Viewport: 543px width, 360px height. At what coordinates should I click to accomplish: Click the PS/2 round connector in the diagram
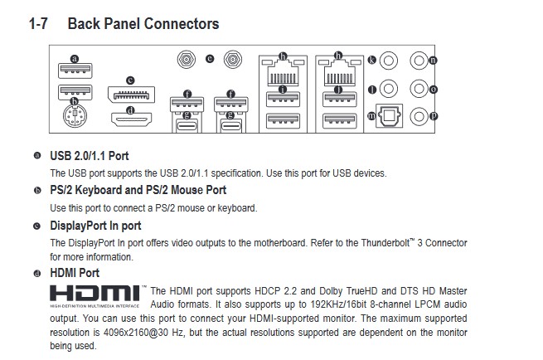[75, 116]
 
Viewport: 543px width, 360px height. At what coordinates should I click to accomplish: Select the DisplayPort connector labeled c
[131, 95]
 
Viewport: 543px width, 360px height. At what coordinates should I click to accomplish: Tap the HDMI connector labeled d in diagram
[131, 120]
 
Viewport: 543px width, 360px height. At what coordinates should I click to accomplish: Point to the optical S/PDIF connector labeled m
[390, 115]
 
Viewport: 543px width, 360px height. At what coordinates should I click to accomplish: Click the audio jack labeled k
[389, 61]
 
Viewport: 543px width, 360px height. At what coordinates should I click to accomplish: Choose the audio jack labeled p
[419, 116]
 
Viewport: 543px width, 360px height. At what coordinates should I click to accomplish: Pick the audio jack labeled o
[419, 89]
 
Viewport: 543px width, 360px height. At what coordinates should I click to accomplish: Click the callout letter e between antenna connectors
[210, 59]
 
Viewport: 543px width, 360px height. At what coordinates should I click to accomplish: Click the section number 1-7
[38, 23]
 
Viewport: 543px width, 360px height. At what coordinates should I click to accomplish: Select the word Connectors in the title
[182, 23]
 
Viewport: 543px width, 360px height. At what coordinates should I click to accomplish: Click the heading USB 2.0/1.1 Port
[90, 156]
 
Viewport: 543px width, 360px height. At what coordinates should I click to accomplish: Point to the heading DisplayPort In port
[95, 226]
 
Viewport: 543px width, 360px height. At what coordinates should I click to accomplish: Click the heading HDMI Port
[75, 273]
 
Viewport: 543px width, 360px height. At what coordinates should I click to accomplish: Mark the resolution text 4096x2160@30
[136, 333]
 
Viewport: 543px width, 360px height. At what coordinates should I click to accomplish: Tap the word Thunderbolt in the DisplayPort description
[385, 243]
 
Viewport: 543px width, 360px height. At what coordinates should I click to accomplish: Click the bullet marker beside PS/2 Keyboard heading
[37, 190]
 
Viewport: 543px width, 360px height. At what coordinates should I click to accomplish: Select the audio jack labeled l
[389, 89]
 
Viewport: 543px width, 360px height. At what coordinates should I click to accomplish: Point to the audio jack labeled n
[419, 61]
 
